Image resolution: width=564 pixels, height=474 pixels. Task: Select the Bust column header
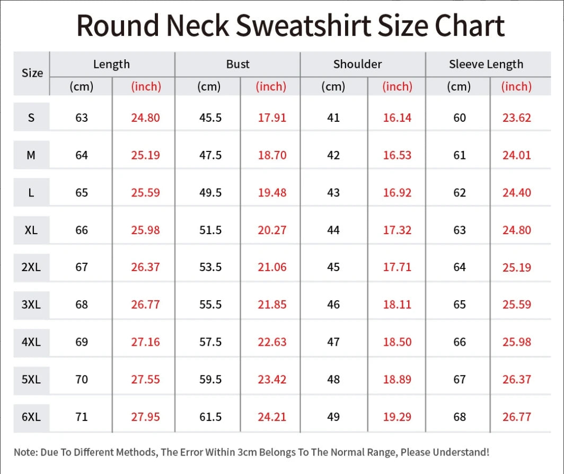click(x=237, y=64)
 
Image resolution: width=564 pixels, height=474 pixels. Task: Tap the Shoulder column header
click(x=357, y=64)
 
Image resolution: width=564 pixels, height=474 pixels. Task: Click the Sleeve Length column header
click(x=486, y=64)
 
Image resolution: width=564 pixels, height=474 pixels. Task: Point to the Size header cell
click(x=32, y=73)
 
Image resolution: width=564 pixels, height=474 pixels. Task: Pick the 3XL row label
click(x=31, y=305)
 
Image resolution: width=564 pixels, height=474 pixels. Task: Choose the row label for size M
click(x=31, y=155)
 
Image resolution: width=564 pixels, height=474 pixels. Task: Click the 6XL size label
click(x=31, y=417)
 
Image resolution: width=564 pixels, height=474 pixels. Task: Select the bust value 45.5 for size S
click(x=210, y=118)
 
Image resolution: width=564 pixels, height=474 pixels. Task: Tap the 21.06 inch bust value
click(x=272, y=267)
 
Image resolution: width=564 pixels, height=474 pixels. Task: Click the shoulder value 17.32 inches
click(x=397, y=230)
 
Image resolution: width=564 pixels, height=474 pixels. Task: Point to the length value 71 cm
click(x=82, y=417)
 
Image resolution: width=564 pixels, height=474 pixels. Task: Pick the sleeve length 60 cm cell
click(x=460, y=118)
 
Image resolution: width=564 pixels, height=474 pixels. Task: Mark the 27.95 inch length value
click(x=145, y=417)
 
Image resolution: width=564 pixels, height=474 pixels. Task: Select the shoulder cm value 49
click(x=333, y=417)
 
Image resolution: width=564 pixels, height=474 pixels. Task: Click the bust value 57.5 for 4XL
click(x=210, y=342)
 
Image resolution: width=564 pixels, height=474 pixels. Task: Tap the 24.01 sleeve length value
click(x=516, y=155)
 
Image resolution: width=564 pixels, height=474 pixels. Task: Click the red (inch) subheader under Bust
click(x=271, y=86)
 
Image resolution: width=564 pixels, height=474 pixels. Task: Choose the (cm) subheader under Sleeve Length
click(x=459, y=86)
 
